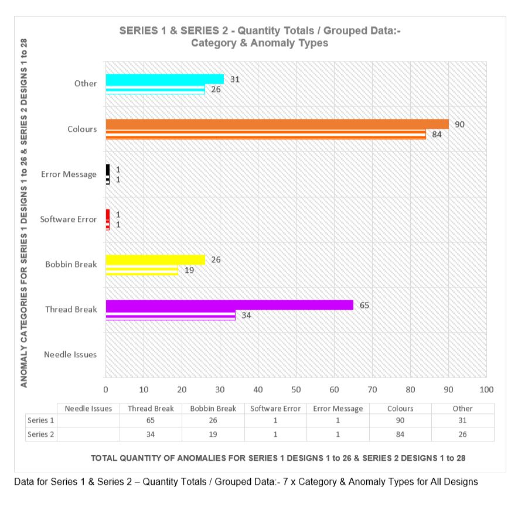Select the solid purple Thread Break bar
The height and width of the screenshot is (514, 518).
pyautogui.click(x=229, y=305)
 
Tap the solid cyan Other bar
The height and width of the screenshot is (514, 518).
pyautogui.click(x=164, y=79)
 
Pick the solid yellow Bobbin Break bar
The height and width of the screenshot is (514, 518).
pyautogui.click(x=155, y=260)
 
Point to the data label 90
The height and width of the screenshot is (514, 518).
pyautogui.click(x=459, y=124)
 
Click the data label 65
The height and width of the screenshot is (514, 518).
pyautogui.click(x=364, y=305)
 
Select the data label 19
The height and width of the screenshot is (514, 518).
pyautogui.click(x=189, y=270)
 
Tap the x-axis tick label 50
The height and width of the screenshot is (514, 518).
pyautogui.click(x=296, y=390)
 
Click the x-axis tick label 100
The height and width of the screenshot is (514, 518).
pyautogui.click(x=486, y=390)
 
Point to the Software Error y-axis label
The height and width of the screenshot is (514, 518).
pyautogui.click(x=68, y=220)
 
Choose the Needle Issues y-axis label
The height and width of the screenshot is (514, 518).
pyautogui.click(x=70, y=354)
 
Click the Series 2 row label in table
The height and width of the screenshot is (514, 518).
pyautogui.click(x=41, y=434)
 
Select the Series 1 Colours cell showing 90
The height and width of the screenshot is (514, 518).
pyautogui.click(x=400, y=421)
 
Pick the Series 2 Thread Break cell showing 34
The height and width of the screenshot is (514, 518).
pyautogui.click(x=151, y=434)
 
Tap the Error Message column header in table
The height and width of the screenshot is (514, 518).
pyautogui.click(x=338, y=409)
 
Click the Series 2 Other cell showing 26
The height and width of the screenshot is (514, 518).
pyautogui.click(x=462, y=434)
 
